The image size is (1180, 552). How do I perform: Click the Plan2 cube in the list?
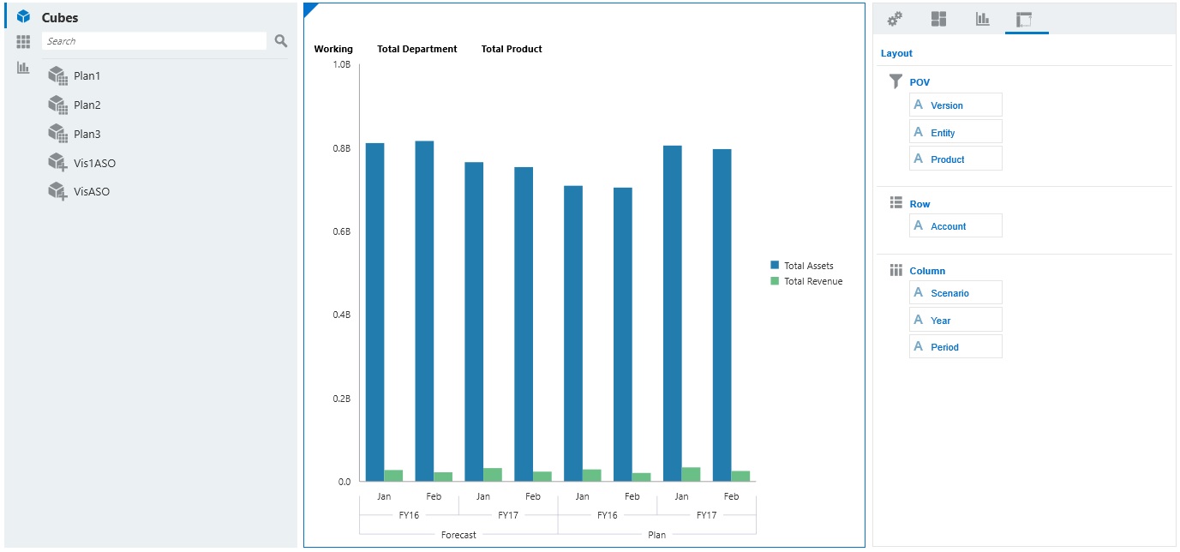point(87,105)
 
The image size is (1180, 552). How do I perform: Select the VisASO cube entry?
point(91,192)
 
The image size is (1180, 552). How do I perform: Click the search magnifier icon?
point(280,41)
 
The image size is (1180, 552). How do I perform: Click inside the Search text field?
point(154,41)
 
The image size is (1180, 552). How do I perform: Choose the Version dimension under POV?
point(955,105)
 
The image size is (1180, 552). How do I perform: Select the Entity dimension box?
point(955,132)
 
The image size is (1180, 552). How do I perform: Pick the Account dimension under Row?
point(955,226)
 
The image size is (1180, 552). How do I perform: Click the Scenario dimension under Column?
point(955,293)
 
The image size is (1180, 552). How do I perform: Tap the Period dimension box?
point(955,346)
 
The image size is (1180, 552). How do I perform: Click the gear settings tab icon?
point(895,19)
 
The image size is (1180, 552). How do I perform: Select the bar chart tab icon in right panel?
point(983,19)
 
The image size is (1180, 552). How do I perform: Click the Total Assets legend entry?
point(808,266)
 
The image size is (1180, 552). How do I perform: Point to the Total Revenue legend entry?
point(812,281)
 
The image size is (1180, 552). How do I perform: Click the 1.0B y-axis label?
point(341,65)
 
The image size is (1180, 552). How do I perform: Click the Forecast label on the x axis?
point(458,535)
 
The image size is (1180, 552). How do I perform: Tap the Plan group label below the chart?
point(656,535)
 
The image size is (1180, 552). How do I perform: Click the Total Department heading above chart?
point(417,50)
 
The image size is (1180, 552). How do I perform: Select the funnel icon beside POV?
point(895,81)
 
